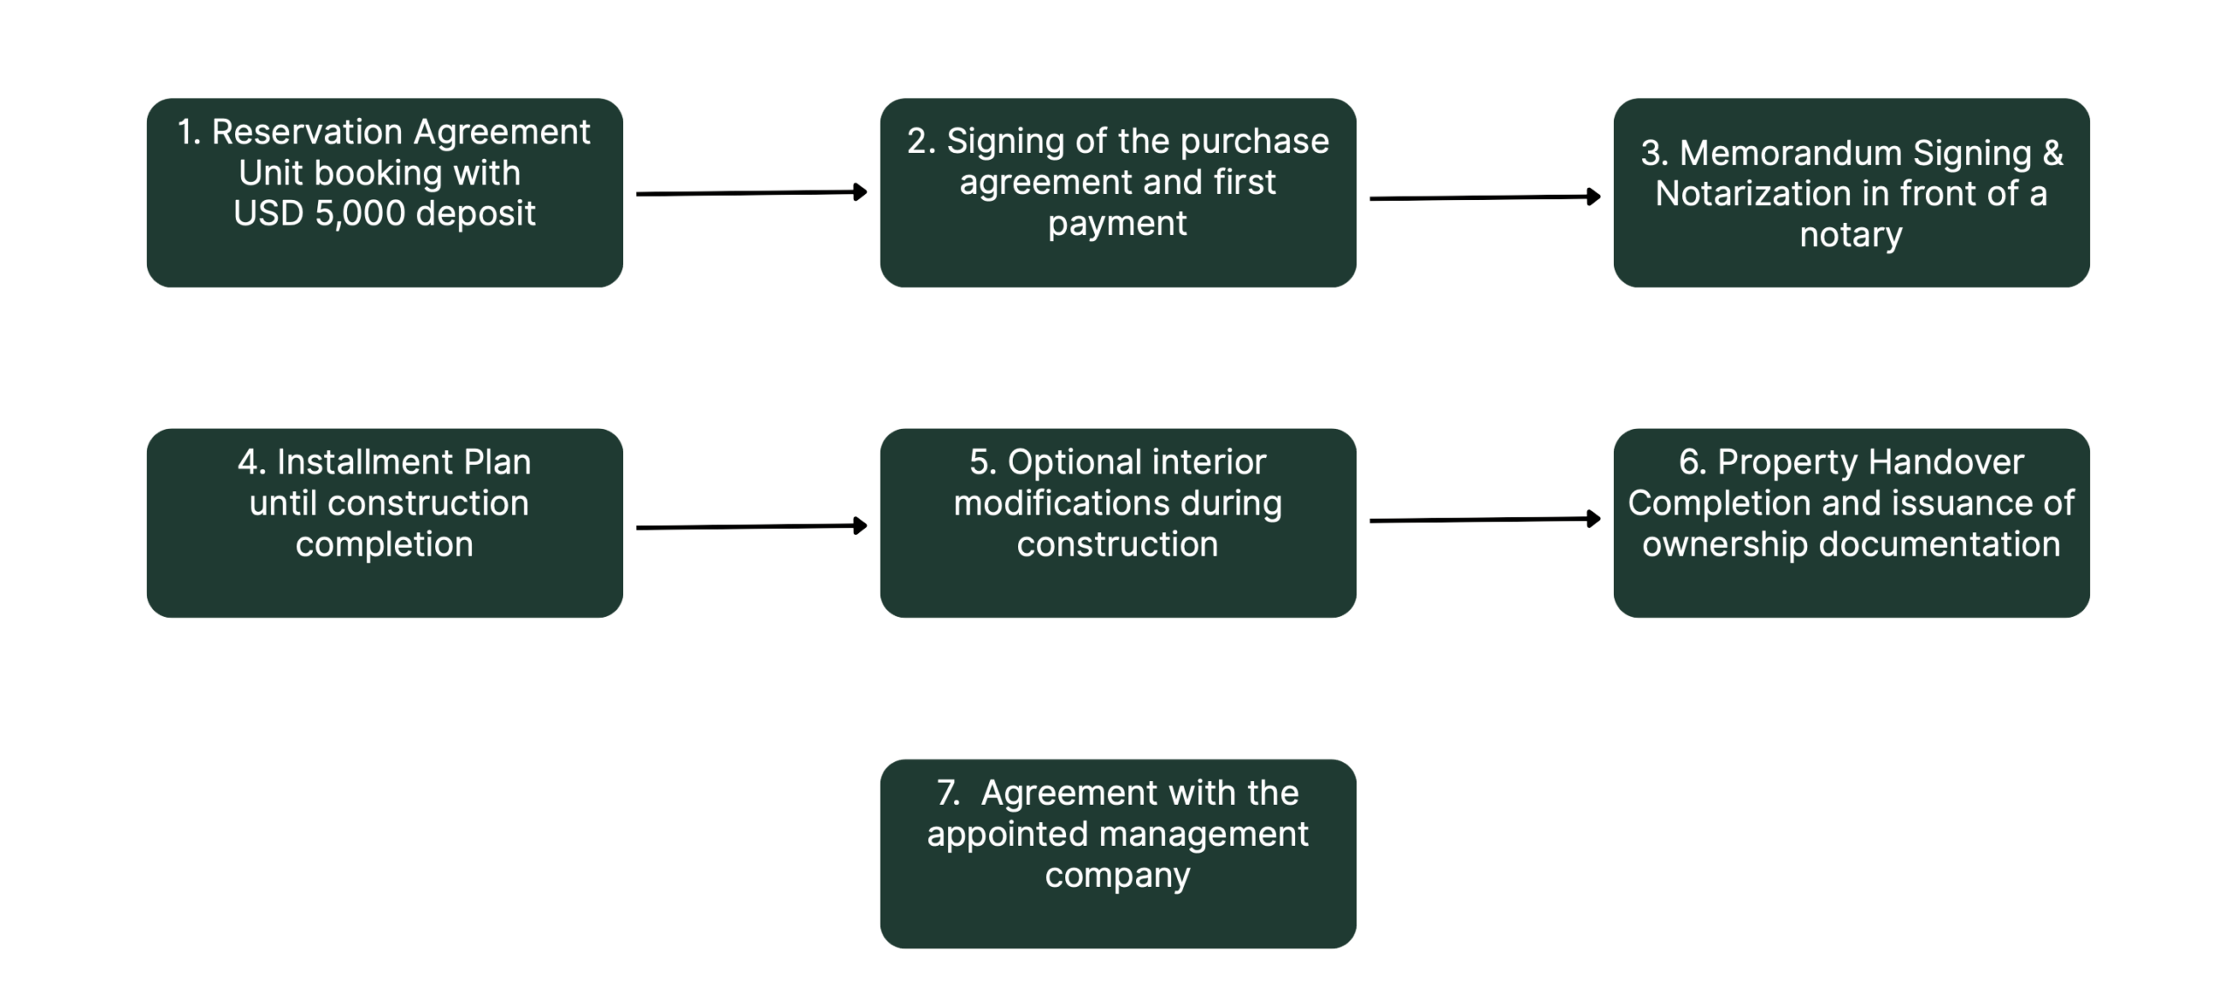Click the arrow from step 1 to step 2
click(x=751, y=193)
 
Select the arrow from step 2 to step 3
click(x=1485, y=198)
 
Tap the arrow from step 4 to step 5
click(x=751, y=527)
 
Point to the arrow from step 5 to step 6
click(x=1485, y=520)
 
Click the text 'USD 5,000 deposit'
click(x=384, y=213)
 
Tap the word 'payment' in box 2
click(x=1118, y=224)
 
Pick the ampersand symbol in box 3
click(x=2053, y=153)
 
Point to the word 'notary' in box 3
click(x=1851, y=235)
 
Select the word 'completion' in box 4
click(x=384, y=544)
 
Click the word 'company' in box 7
click(x=1118, y=876)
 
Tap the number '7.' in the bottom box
click(x=948, y=793)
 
